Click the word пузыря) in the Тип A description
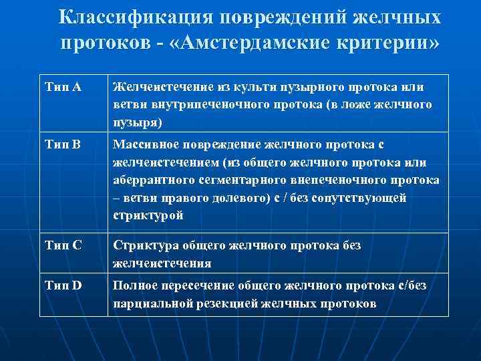click(138, 123)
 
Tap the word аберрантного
click(152, 180)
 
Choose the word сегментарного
click(241, 180)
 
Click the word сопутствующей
click(358, 198)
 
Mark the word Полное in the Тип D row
click(132, 285)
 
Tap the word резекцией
click(235, 304)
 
